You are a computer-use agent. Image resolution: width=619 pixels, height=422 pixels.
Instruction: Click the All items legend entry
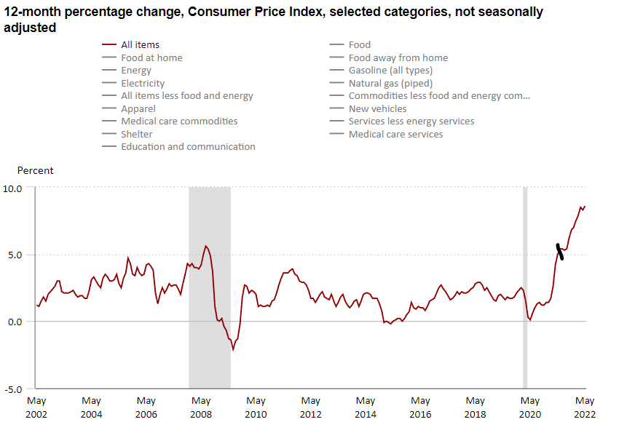pyautogui.click(x=140, y=45)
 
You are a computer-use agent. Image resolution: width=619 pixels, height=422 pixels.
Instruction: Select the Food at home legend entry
pyautogui.click(x=151, y=57)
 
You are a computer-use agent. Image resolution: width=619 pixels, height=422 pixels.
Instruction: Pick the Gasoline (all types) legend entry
pyautogui.click(x=390, y=71)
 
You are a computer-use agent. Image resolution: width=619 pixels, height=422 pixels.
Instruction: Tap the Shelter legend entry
pyautogui.click(x=137, y=134)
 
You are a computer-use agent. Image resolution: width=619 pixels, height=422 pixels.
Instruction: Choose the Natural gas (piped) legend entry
pyautogui.click(x=390, y=83)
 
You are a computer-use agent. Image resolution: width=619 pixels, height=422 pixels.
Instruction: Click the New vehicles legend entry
pyautogui.click(x=377, y=108)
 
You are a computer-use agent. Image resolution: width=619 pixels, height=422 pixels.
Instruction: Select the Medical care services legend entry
pyautogui.click(x=395, y=134)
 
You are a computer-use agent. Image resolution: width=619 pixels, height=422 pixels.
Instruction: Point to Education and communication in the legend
pyautogui.click(x=188, y=146)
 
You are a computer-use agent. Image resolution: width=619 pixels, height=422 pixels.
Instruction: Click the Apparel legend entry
pyautogui.click(x=138, y=108)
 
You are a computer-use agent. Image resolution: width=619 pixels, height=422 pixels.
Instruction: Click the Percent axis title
pyautogui.click(x=36, y=171)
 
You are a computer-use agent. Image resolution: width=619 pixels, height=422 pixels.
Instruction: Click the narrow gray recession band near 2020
pyautogui.click(x=525, y=287)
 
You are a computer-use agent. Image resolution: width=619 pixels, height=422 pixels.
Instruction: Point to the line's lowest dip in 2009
pyautogui.click(x=233, y=349)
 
